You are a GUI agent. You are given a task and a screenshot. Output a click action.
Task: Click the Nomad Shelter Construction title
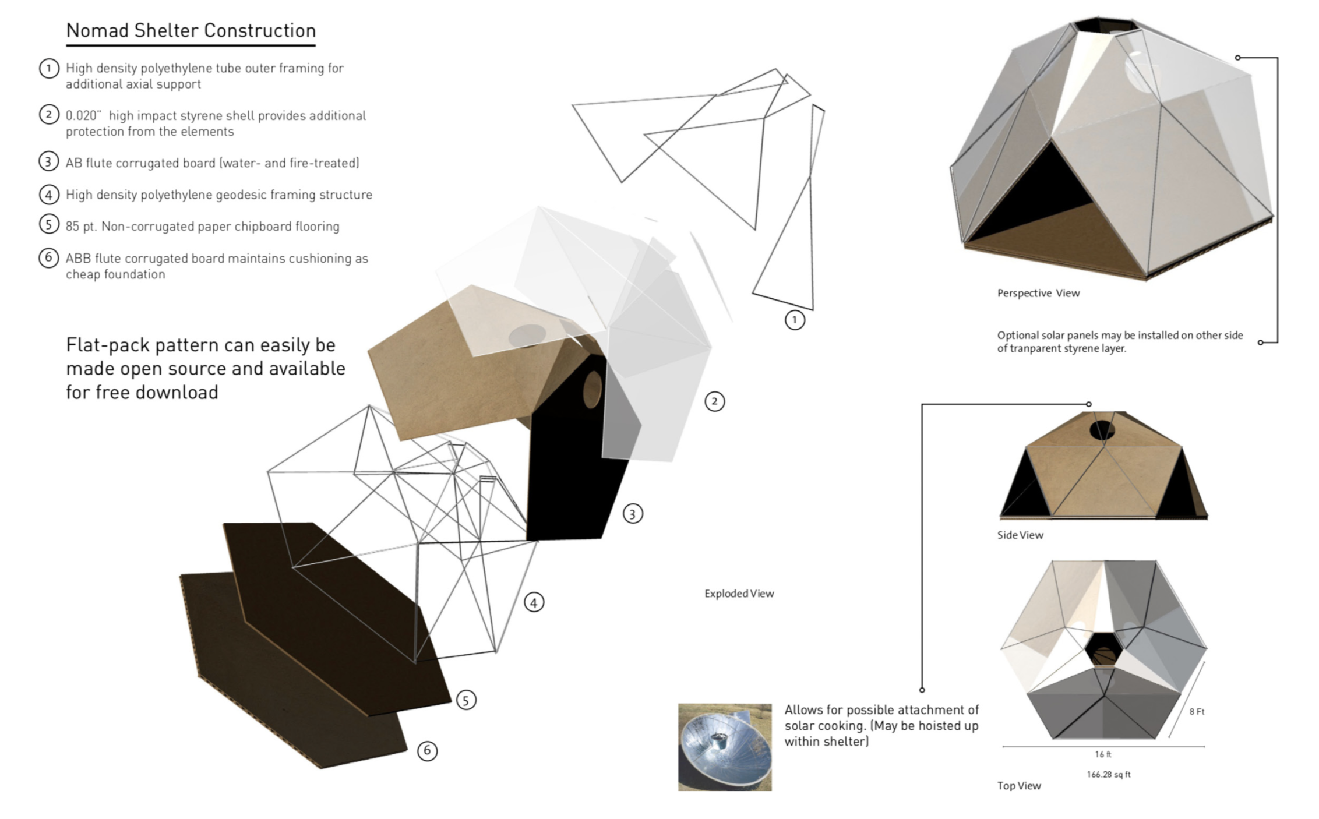coord(191,30)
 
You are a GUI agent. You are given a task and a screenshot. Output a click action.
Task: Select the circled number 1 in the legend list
coord(49,69)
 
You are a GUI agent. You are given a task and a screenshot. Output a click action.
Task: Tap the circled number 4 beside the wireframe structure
coord(534,602)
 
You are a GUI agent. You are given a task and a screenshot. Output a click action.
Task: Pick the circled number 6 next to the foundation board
coord(427,751)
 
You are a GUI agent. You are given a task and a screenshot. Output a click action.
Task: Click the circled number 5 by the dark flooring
coord(465,700)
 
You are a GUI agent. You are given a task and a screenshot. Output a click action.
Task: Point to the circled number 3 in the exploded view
coord(633,514)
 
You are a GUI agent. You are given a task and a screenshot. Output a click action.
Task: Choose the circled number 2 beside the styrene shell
coord(715,401)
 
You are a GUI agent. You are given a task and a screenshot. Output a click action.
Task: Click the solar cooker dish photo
coord(725,747)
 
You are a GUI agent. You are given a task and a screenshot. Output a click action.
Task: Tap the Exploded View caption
coord(739,594)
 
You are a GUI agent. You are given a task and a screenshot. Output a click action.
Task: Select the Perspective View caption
coord(1038,293)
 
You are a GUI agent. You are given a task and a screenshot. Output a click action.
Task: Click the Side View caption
coord(1020,535)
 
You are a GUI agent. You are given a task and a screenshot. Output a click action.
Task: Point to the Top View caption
coord(1019,786)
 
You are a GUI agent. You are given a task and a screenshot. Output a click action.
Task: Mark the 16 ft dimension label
coord(1103,754)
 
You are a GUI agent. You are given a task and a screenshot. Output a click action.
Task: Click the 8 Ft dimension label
coord(1197,711)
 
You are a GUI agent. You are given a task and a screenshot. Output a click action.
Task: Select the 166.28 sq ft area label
coord(1108,774)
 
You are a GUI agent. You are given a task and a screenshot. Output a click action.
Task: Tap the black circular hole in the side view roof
coord(1102,430)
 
